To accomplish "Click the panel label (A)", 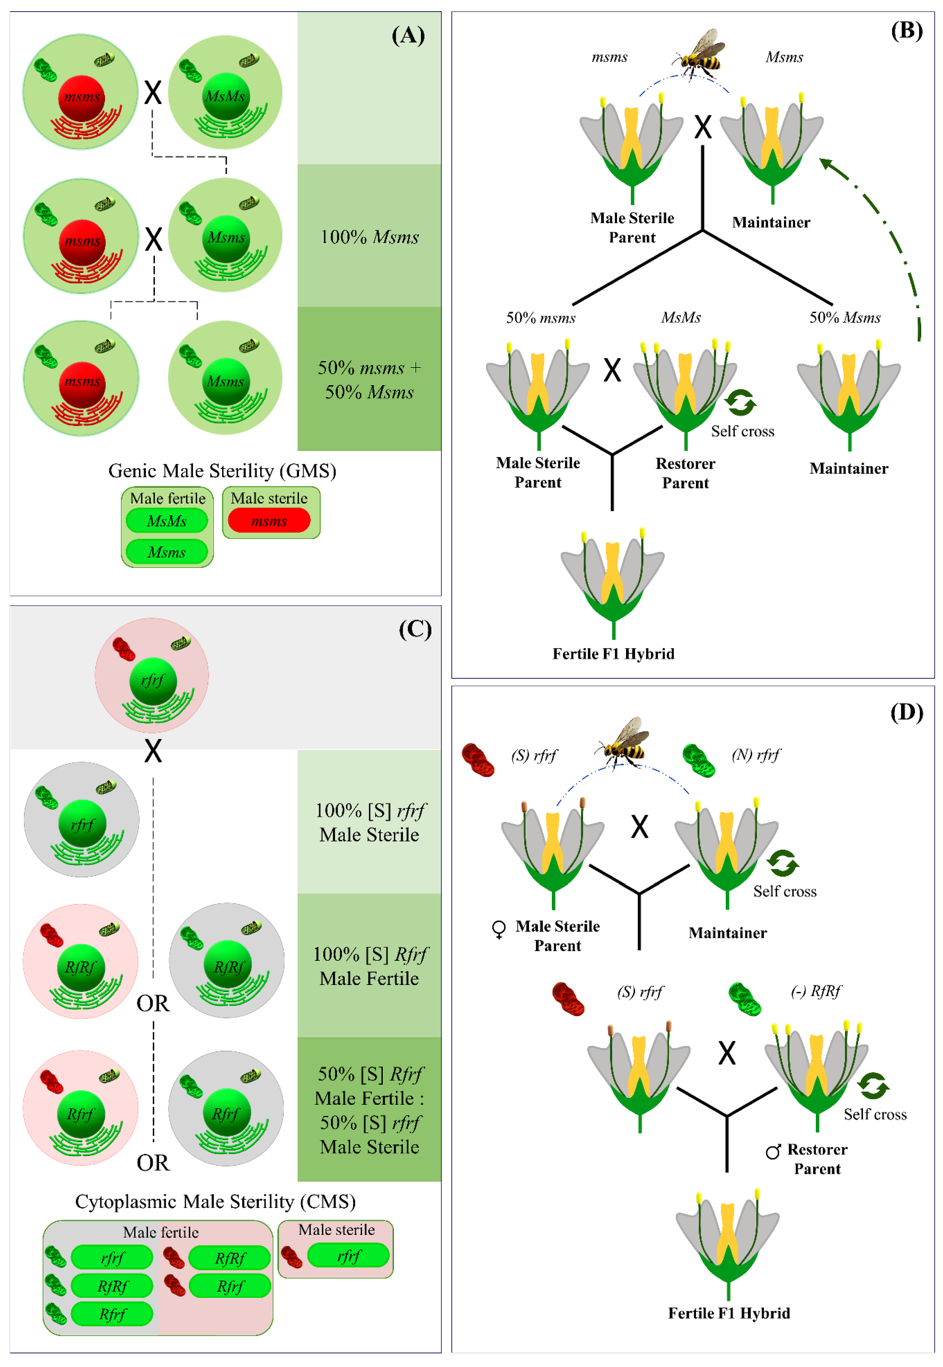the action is coord(408,35).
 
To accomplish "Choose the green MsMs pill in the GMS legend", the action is coord(167,521).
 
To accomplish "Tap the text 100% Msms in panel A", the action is coord(370,237).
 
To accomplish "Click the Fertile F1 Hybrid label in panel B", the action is coord(613,654).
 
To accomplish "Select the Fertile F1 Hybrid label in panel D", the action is coord(729,1313).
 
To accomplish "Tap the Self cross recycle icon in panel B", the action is coord(741,403).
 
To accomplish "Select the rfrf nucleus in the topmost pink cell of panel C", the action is coord(153,681).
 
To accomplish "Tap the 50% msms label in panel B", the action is coord(541,318).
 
